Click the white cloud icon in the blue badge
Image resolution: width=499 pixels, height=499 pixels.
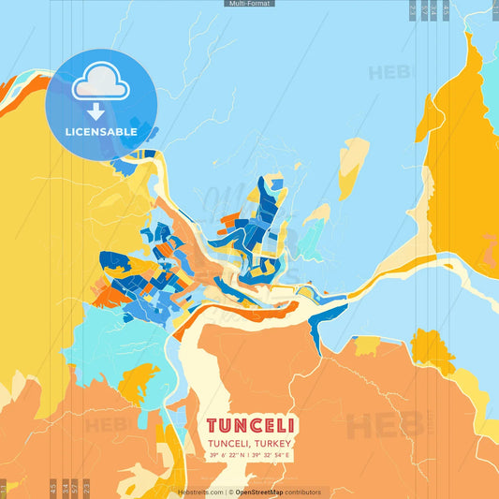coord(101,83)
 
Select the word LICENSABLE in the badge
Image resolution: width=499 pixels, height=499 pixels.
coord(101,132)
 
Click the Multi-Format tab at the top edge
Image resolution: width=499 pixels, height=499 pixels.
coord(250,4)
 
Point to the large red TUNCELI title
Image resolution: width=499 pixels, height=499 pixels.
coord(250,425)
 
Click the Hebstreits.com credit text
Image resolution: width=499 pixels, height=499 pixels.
coord(200,492)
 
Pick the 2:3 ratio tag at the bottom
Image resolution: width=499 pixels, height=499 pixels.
coord(86,488)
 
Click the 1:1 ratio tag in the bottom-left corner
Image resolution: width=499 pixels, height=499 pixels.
coord(4,488)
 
